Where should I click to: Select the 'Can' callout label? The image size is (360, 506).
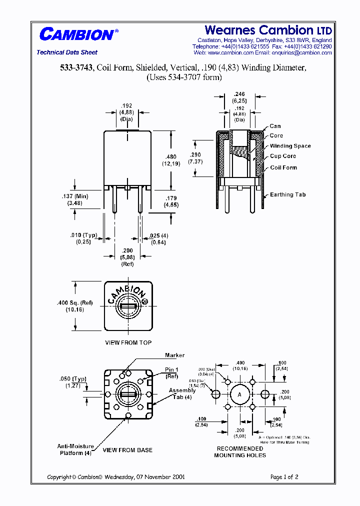(x=275, y=126)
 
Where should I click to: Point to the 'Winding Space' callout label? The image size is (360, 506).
(x=290, y=146)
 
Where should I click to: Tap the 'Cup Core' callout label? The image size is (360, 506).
(x=282, y=156)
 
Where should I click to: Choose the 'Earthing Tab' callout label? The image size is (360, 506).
(x=287, y=194)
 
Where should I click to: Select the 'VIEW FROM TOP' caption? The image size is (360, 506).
(x=128, y=342)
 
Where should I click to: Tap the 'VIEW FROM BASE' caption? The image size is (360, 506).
(x=127, y=450)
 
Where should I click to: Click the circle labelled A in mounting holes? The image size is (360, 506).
(x=239, y=395)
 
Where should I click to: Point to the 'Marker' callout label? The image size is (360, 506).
(x=174, y=355)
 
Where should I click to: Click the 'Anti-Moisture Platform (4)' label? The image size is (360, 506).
(x=74, y=449)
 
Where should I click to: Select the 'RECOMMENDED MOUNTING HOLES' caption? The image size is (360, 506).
(x=240, y=452)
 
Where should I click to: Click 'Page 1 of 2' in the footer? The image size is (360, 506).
(x=284, y=477)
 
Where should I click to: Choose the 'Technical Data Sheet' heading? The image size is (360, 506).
(x=67, y=52)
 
